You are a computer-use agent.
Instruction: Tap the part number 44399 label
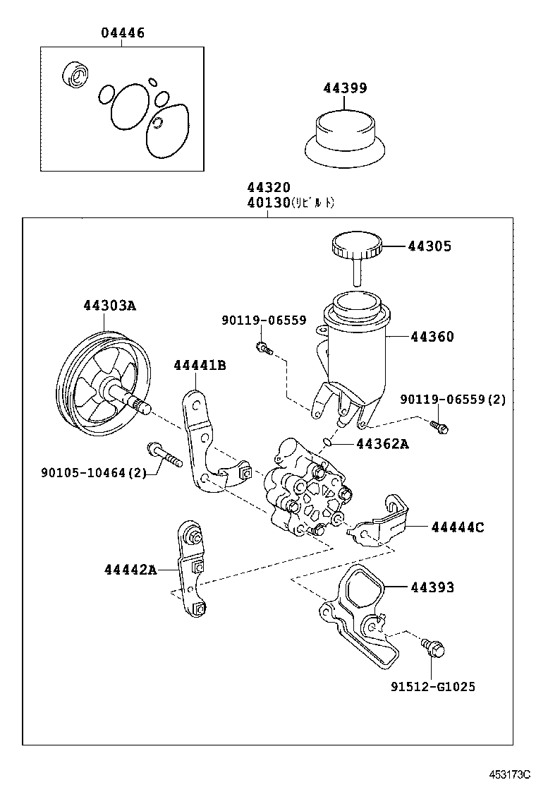345,88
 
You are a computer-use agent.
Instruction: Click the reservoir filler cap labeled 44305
356,248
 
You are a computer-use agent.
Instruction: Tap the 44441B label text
200,365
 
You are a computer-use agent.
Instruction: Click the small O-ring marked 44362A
327,442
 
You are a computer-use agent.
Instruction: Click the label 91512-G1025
433,686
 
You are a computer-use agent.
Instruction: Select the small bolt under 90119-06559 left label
262,347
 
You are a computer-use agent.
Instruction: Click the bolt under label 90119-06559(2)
440,426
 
